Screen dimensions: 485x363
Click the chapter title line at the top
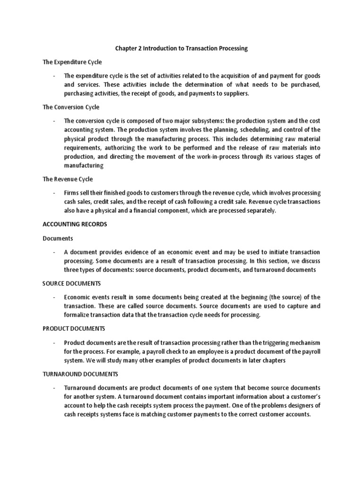(x=181, y=49)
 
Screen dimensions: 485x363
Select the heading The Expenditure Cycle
(x=72, y=62)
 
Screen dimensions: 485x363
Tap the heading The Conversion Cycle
(x=71, y=107)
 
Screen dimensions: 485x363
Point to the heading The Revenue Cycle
(x=68, y=179)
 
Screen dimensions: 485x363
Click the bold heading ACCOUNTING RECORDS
(x=75, y=224)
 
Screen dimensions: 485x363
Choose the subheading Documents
(x=58, y=238)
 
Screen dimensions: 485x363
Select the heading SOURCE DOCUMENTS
(x=71, y=283)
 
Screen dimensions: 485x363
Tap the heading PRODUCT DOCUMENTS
(x=74, y=328)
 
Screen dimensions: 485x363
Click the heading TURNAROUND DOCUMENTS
(x=80, y=374)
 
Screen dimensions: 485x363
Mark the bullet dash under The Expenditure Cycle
(x=55, y=76)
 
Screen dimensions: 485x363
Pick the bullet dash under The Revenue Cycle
(x=55, y=193)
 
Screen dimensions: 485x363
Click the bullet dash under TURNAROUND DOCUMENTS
(x=55, y=387)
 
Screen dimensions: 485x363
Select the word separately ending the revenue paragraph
(x=259, y=211)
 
